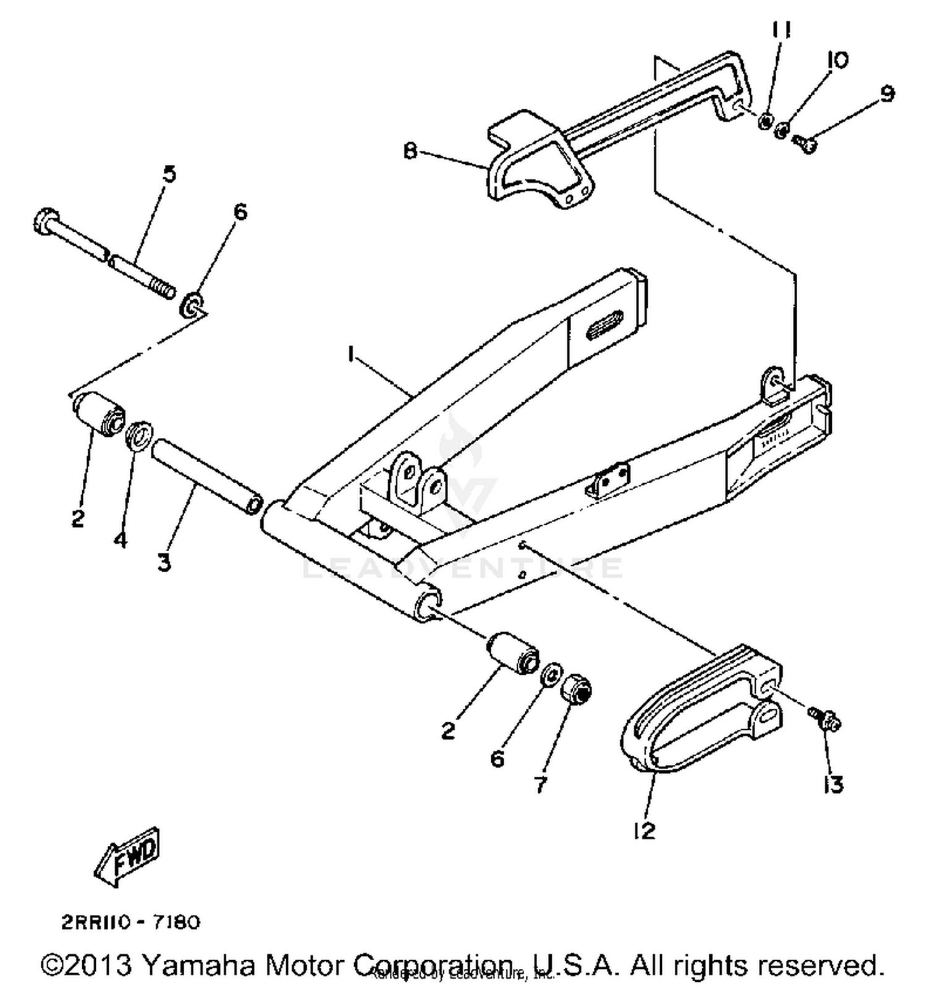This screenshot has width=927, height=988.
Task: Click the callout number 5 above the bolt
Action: point(169,174)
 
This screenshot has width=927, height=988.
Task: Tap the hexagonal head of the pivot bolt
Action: point(44,221)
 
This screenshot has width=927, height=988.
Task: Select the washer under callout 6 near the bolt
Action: point(192,305)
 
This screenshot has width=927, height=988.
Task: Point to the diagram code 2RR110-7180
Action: point(130,923)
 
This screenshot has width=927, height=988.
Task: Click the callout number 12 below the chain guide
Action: point(644,832)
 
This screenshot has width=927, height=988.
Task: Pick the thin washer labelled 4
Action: point(140,436)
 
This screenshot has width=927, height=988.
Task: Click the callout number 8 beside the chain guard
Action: point(410,150)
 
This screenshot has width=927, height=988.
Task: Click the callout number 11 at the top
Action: point(781,30)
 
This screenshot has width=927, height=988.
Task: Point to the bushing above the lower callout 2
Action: point(512,654)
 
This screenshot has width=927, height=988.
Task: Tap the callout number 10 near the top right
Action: point(837,60)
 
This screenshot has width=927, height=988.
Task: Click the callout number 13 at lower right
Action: point(832,785)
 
